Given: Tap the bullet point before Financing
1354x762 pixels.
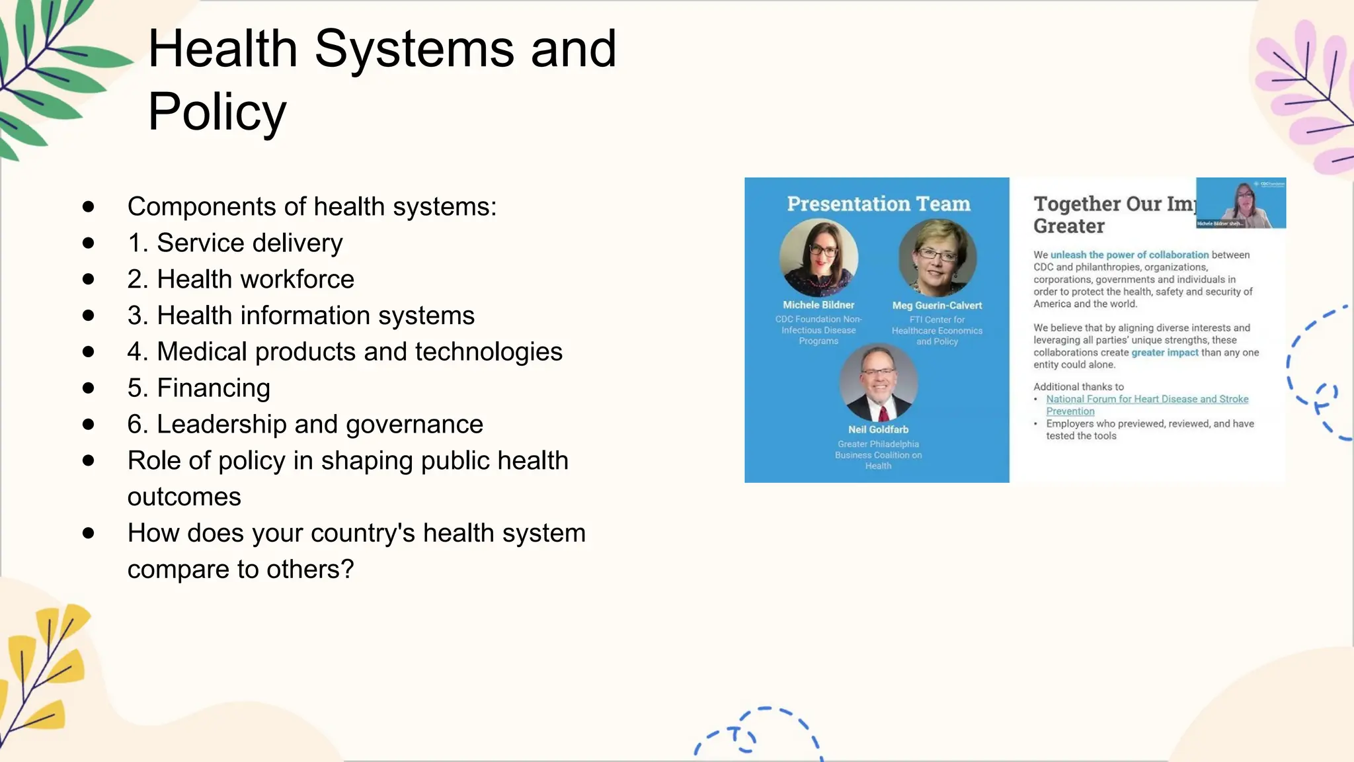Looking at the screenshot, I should (x=88, y=388).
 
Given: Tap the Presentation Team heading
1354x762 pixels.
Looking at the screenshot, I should (x=878, y=204).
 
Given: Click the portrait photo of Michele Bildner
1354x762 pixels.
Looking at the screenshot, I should (x=818, y=257).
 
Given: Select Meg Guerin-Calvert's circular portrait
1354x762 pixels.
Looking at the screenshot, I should (x=937, y=257).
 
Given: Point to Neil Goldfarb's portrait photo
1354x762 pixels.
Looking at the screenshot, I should (x=878, y=382).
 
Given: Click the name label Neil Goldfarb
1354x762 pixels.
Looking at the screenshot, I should (x=878, y=429).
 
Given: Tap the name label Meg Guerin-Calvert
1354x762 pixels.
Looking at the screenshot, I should (x=937, y=306).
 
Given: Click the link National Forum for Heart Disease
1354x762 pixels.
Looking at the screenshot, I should (x=1146, y=400).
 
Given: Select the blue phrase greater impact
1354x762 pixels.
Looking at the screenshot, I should (x=1164, y=353).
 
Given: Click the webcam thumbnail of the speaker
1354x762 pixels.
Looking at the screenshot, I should (x=1240, y=203).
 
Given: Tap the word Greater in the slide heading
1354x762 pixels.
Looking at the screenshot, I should (x=1068, y=226).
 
